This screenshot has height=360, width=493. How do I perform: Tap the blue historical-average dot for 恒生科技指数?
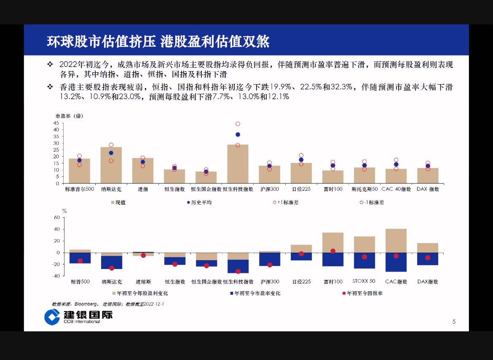(x=238, y=135)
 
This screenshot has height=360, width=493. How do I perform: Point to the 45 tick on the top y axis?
(x=56, y=123)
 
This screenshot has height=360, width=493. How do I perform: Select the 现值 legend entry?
(x=118, y=203)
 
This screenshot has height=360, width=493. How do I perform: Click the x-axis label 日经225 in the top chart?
(x=301, y=189)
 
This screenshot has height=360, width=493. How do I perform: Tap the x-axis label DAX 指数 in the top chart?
(x=428, y=189)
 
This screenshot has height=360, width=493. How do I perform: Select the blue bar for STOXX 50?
(x=364, y=261)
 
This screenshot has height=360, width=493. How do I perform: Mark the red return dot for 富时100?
(x=333, y=251)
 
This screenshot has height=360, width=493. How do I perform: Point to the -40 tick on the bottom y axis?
(x=56, y=276)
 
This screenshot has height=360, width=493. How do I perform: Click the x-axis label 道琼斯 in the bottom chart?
(x=143, y=282)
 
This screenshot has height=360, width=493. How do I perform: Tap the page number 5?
(x=454, y=322)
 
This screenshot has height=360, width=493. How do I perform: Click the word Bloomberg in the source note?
(x=86, y=304)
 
